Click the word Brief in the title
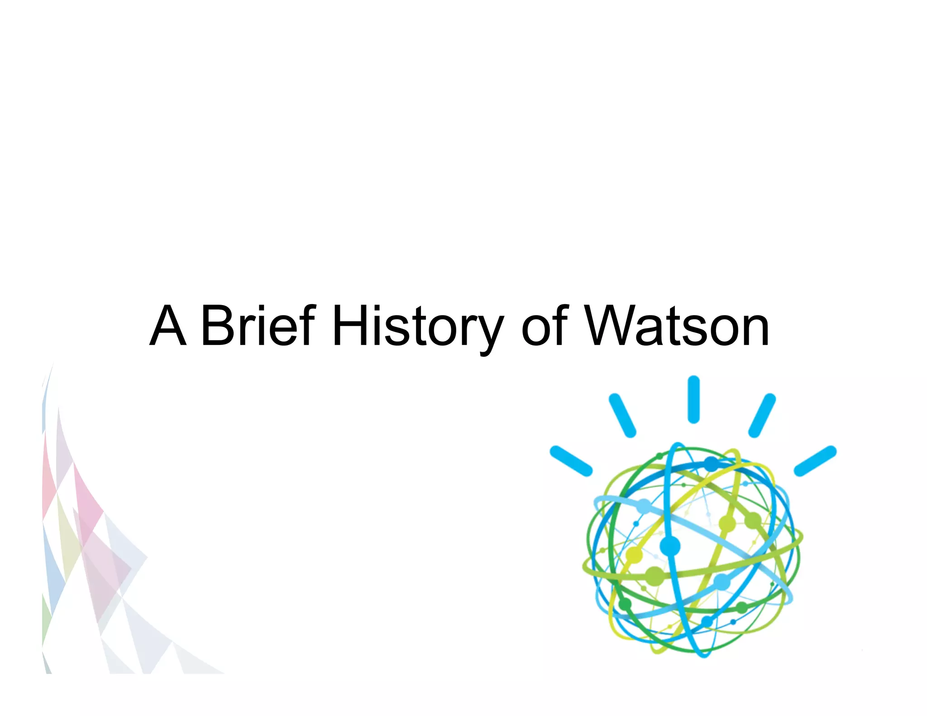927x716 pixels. click(x=258, y=325)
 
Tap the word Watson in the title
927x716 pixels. click(x=677, y=325)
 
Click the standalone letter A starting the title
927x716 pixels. click(x=168, y=325)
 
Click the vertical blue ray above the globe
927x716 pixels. click(x=693, y=399)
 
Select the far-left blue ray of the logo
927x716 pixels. click(x=571, y=461)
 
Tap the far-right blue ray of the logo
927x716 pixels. click(x=815, y=461)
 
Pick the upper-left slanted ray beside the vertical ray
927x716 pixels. click(x=622, y=415)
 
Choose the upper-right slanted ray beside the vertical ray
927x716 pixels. click(x=762, y=415)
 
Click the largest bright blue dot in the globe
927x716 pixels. click(x=670, y=546)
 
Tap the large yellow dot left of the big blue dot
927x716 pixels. click(x=634, y=555)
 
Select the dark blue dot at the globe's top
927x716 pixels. click(x=711, y=463)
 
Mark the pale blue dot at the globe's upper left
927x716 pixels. click(x=643, y=506)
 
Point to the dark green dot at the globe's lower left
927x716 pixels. click(x=625, y=604)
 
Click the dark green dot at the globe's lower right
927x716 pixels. click(x=741, y=607)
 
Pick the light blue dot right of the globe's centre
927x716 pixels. click(x=722, y=581)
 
